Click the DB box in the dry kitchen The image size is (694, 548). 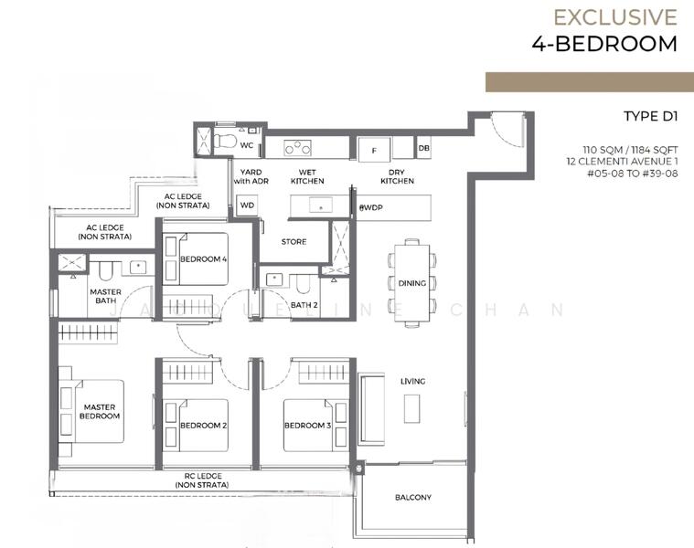tap(423, 148)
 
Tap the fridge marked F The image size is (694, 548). tap(374, 151)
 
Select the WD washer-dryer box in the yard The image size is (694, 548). tap(247, 205)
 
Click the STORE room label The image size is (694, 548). tap(294, 242)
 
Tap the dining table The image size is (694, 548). tap(411, 283)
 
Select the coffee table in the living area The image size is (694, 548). tap(411, 408)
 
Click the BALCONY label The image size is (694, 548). tap(413, 497)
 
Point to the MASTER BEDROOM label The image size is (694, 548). tap(100, 411)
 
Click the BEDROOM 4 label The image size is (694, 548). tap(204, 259)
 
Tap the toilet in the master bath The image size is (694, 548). tap(105, 270)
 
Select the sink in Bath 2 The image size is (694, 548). tap(274, 279)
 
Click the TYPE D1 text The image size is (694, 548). tap(651, 116)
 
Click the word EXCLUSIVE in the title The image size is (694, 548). tap(615, 17)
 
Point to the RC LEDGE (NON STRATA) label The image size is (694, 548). tap(202, 480)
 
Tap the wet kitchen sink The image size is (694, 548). tap(321, 205)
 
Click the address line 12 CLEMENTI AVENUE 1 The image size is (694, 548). tap(622, 162)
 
